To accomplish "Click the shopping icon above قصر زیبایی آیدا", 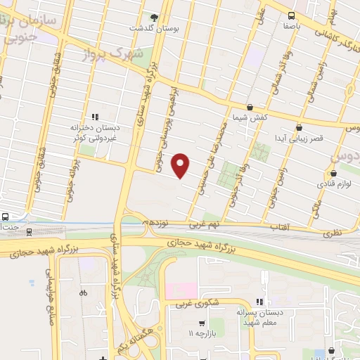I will point(300,128).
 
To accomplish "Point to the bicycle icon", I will point(84,293).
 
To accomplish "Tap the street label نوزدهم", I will point(157,222).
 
